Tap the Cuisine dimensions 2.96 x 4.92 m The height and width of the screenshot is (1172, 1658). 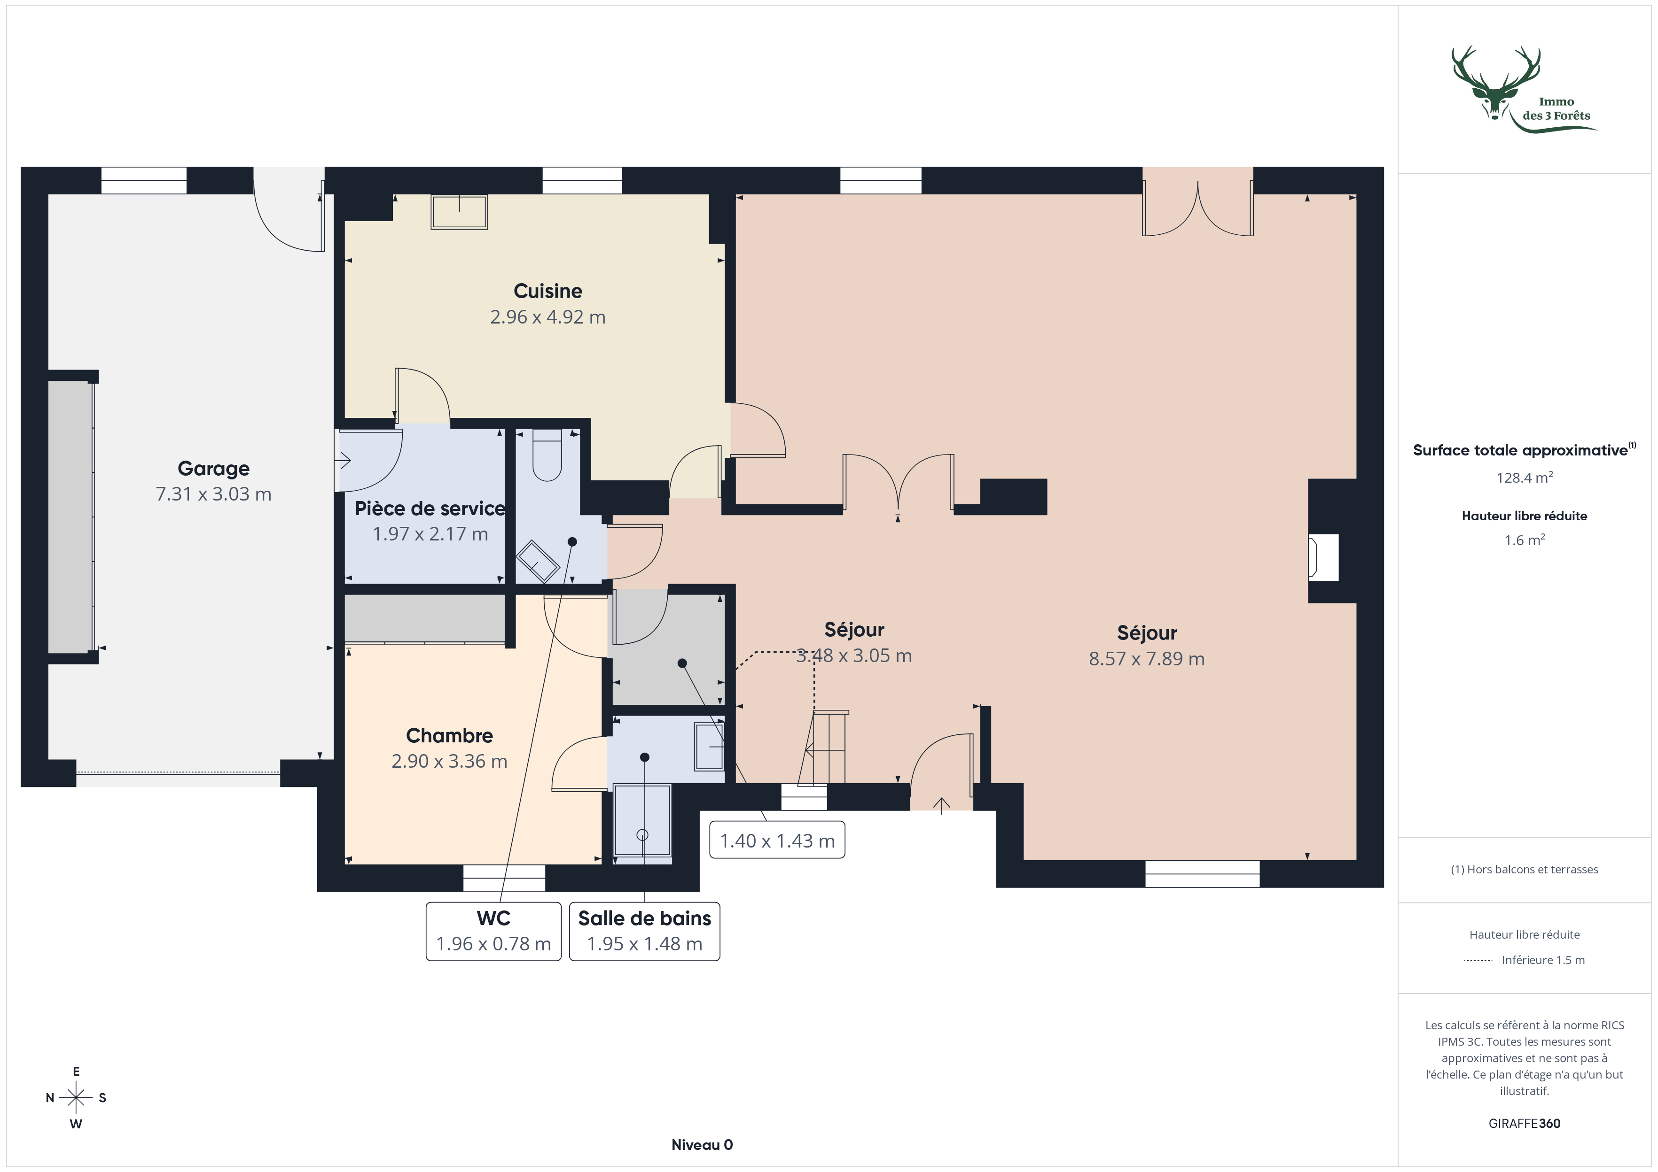[x=548, y=317]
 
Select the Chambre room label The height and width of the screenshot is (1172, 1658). [x=449, y=735]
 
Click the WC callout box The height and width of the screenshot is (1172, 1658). [x=494, y=931]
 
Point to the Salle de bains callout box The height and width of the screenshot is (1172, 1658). [x=645, y=931]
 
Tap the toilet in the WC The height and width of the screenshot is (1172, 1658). [x=547, y=455]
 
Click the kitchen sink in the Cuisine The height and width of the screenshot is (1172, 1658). [x=459, y=211]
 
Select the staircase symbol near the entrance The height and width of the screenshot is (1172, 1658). [x=825, y=748]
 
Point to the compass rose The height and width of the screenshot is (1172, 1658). [x=76, y=1098]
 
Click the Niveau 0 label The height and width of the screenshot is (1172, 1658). [x=702, y=1145]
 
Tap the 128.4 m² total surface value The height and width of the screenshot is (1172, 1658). [x=1525, y=477]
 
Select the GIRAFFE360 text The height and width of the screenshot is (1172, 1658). [x=1525, y=1124]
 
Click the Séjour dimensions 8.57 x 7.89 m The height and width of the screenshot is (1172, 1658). [x=1147, y=659]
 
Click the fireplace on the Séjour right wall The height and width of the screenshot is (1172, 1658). [x=1324, y=557]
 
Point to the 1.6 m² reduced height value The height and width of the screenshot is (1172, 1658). [x=1525, y=540]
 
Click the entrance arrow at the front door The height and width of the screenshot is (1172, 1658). [x=942, y=805]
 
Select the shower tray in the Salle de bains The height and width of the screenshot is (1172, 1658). [x=642, y=821]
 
